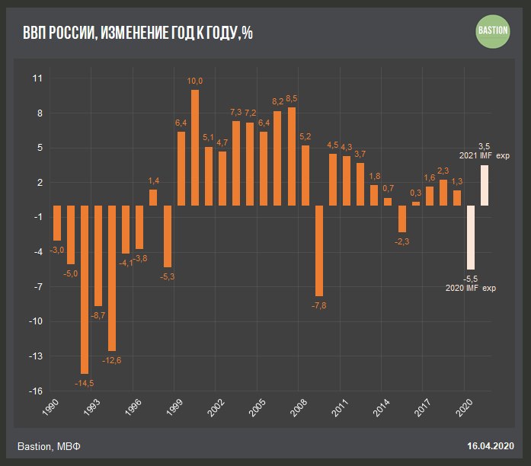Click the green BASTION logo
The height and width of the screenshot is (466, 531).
click(x=492, y=31)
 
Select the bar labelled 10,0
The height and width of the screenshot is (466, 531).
click(x=195, y=148)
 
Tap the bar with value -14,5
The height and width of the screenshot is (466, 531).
click(x=85, y=289)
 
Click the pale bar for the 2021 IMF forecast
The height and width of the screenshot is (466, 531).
click(x=485, y=186)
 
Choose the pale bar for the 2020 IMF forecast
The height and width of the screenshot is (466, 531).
click(x=471, y=237)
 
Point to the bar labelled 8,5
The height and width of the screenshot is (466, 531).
click(x=292, y=156)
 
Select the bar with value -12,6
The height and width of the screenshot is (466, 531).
click(x=112, y=278)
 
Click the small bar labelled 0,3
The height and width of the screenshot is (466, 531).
click(x=416, y=203)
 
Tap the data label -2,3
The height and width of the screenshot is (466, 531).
click(x=402, y=241)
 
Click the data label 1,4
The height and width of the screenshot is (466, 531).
click(x=154, y=180)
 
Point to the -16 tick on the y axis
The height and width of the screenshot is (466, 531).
click(x=36, y=391)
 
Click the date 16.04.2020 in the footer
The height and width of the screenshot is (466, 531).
click(x=491, y=445)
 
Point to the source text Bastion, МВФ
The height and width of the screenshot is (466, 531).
click(x=48, y=445)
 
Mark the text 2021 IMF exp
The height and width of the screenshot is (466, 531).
click(x=484, y=155)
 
